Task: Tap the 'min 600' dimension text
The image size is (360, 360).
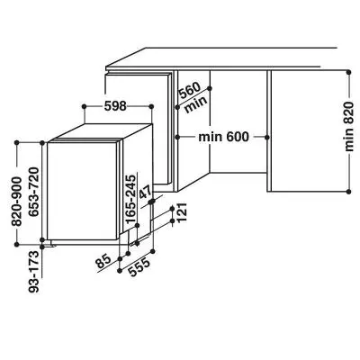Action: (x=222, y=136)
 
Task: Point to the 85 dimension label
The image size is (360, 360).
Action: (x=103, y=263)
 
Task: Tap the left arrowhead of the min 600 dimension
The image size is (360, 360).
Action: (x=178, y=136)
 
